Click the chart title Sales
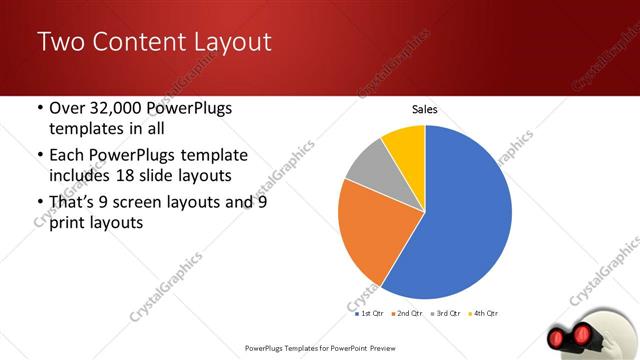coord(425,109)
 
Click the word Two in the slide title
coord(61,42)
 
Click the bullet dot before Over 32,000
coord(38,108)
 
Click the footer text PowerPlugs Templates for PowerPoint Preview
coord(319,348)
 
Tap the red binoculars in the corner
coord(578,334)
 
